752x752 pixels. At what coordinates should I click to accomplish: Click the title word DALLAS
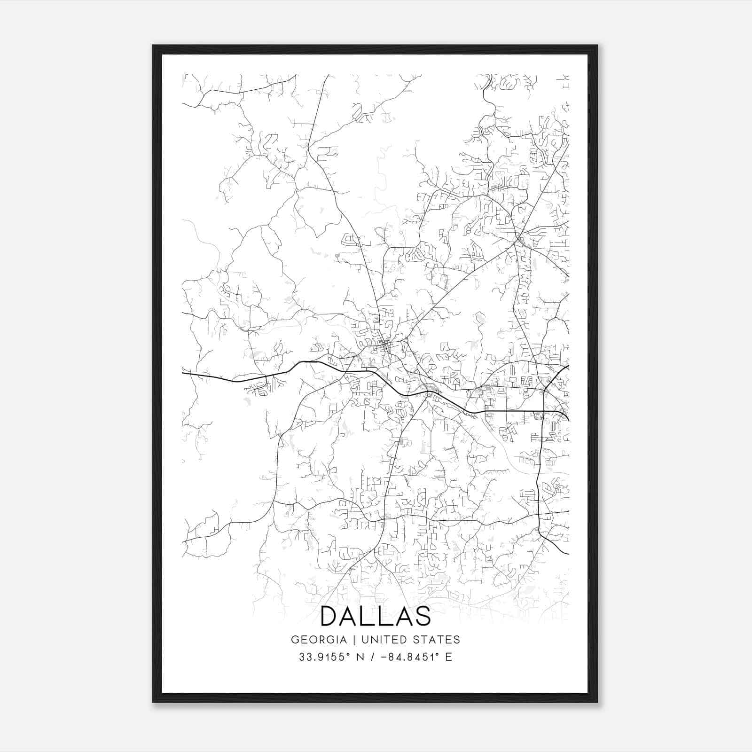376,616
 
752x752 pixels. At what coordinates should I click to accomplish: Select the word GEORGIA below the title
319,640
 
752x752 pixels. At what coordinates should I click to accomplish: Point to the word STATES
437,640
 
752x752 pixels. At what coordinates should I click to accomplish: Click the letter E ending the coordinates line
448,657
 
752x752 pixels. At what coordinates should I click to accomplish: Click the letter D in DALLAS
329,616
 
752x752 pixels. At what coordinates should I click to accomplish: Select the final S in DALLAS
423,616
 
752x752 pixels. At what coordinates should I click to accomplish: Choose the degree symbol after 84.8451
435,654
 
